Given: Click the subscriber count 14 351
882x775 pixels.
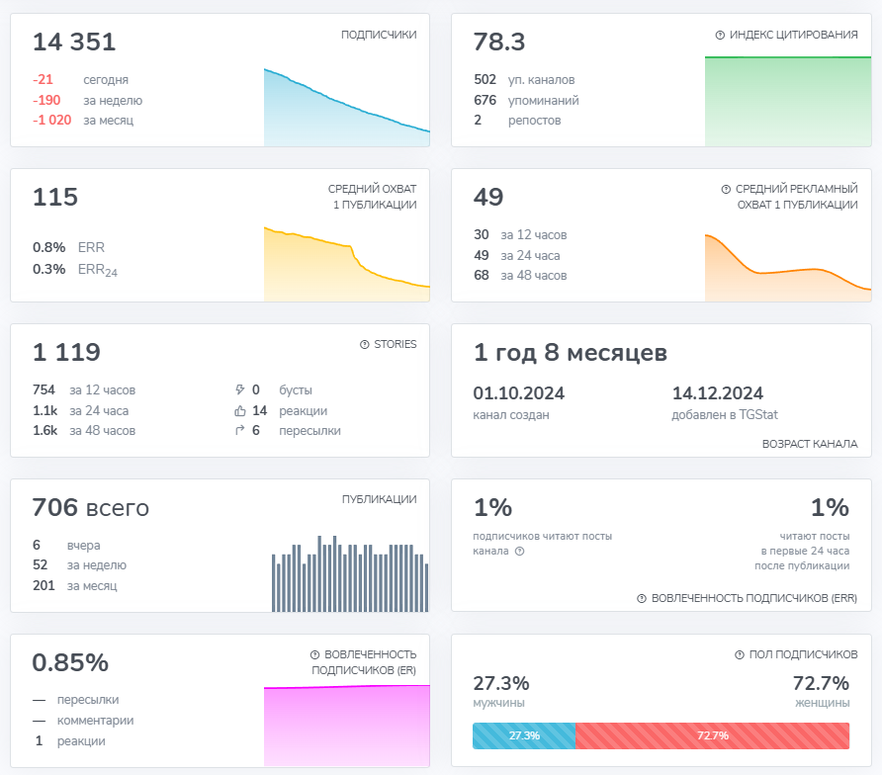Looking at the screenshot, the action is pyautogui.click(x=74, y=43).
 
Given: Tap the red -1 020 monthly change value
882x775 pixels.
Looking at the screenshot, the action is pyautogui.click(x=51, y=121).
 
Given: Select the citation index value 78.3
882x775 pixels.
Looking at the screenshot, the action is pyautogui.click(x=499, y=43).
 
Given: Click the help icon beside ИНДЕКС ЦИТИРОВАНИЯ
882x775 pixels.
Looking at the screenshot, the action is pyautogui.click(x=720, y=35).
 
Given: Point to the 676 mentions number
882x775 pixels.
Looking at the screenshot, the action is pyautogui.click(x=485, y=100).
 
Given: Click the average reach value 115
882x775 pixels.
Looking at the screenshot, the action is pyautogui.click(x=55, y=198).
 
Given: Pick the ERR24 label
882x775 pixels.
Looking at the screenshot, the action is pyautogui.click(x=97, y=270).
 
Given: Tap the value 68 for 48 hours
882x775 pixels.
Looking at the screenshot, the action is pyautogui.click(x=481, y=276).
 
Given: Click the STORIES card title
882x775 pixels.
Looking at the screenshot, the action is pyautogui.click(x=395, y=344).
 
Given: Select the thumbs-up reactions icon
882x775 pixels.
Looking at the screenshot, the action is pyautogui.click(x=240, y=411).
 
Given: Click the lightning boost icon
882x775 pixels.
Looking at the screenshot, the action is pyautogui.click(x=240, y=389).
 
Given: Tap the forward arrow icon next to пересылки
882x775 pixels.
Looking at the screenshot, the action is pyautogui.click(x=240, y=430).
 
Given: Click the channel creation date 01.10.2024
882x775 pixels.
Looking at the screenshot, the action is pyautogui.click(x=519, y=393).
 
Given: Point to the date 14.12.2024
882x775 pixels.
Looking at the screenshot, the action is pyautogui.click(x=718, y=393).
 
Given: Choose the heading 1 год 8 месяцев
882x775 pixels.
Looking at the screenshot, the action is pyautogui.click(x=571, y=353).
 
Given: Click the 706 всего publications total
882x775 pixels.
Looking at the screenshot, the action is pyautogui.click(x=91, y=508).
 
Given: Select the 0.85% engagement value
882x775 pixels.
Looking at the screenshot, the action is pyautogui.click(x=70, y=662).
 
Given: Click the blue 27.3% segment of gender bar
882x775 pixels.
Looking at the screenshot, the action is pyautogui.click(x=524, y=735).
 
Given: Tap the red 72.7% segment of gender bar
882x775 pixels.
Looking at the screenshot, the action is pyautogui.click(x=713, y=735).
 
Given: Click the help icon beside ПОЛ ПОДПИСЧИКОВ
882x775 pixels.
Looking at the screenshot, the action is pyautogui.click(x=740, y=654).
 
